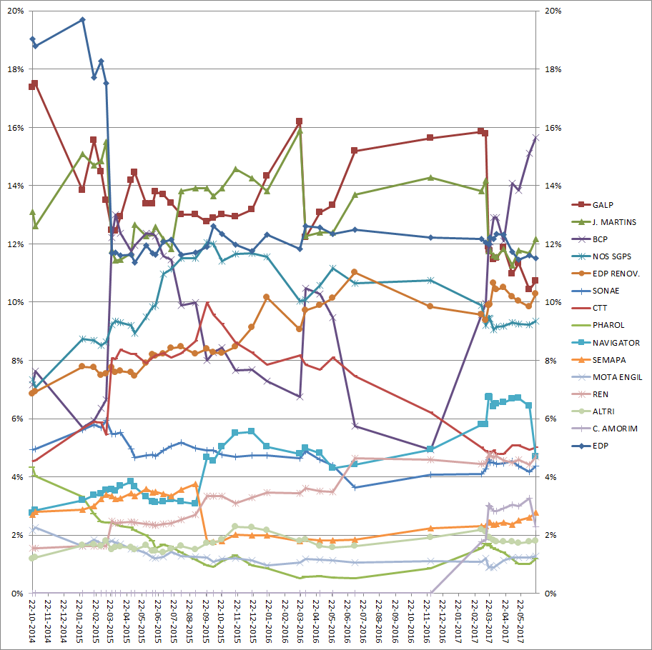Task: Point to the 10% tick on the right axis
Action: [x=553, y=302]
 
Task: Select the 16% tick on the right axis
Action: [x=553, y=128]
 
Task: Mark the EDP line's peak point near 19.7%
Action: [x=82, y=20]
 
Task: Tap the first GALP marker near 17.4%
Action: [x=31, y=87]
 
